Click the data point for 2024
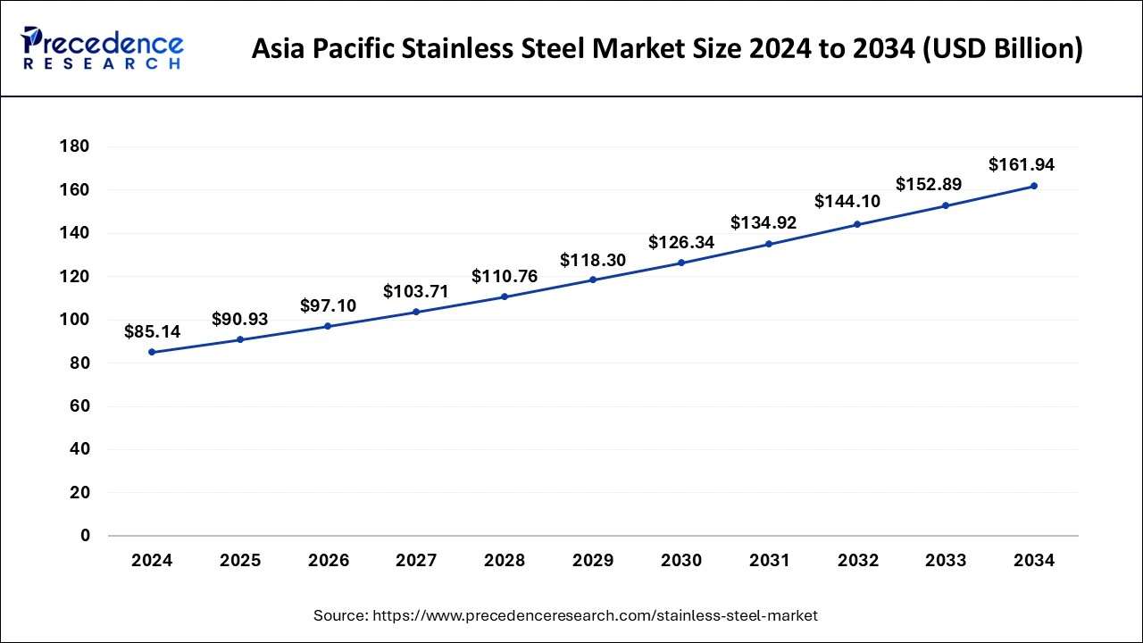(x=152, y=352)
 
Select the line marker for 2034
(x=1034, y=186)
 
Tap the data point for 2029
(x=593, y=280)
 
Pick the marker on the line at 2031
(x=769, y=244)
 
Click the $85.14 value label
(x=152, y=332)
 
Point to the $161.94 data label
(x=1022, y=165)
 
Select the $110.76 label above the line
(x=505, y=277)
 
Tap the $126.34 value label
(x=681, y=242)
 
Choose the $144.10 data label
(x=847, y=202)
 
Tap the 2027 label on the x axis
(x=416, y=561)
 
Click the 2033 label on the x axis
(x=946, y=561)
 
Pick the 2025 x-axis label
(x=240, y=561)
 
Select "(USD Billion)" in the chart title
(x=1004, y=49)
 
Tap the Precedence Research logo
(x=102, y=49)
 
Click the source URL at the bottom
(x=593, y=615)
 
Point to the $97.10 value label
(x=329, y=306)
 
